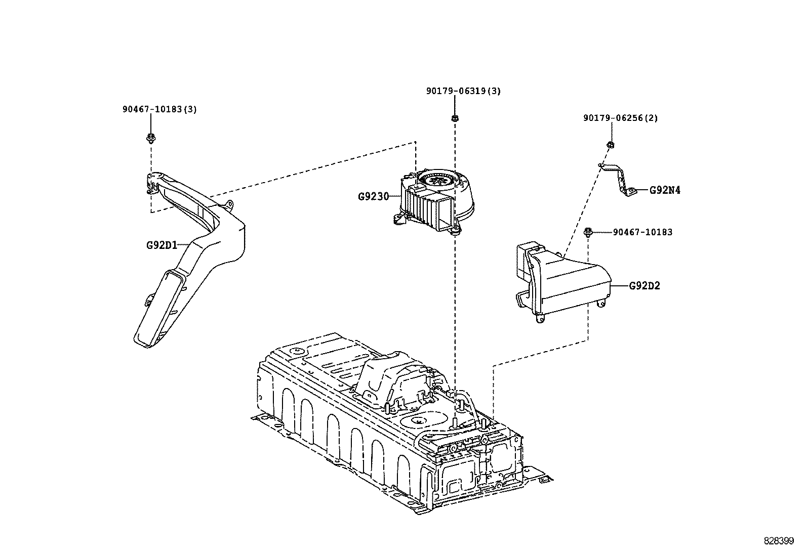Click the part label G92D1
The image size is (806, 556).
[162, 245]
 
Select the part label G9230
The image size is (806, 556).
[374, 196]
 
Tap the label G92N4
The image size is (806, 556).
[665, 190]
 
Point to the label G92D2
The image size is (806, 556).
[644, 286]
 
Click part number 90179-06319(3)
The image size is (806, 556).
[463, 91]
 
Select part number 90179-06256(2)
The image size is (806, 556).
[620, 118]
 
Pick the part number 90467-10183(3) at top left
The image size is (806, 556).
[159, 109]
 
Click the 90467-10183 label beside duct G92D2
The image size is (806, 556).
[642, 232]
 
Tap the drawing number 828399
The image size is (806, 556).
[779, 541]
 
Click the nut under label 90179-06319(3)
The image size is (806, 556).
[455, 118]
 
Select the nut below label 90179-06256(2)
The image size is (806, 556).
[610, 145]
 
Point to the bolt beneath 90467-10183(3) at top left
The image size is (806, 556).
[150, 138]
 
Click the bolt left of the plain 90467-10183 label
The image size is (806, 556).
[588, 233]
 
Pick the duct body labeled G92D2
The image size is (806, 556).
[567, 283]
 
